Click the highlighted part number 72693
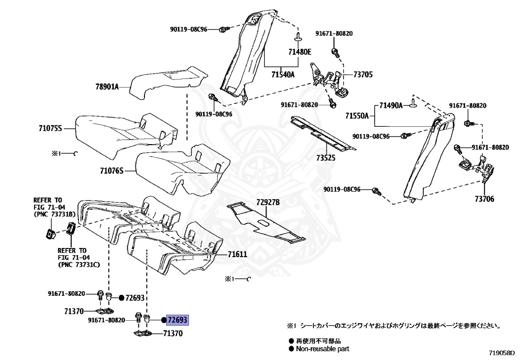pyautogui.click(x=178, y=320)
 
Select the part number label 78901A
pyautogui.click(x=106, y=87)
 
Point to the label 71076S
pyautogui.click(x=111, y=172)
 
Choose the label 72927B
pyautogui.click(x=268, y=202)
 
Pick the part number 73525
pyautogui.click(x=326, y=158)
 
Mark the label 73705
pyautogui.click(x=363, y=74)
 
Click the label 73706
pyautogui.click(x=484, y=199)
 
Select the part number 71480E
pyautogui.click(x=300, y=52)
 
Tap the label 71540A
pyautogui.click(x=283, y=74)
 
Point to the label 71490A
pyautogui.click(x=390, y=105)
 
